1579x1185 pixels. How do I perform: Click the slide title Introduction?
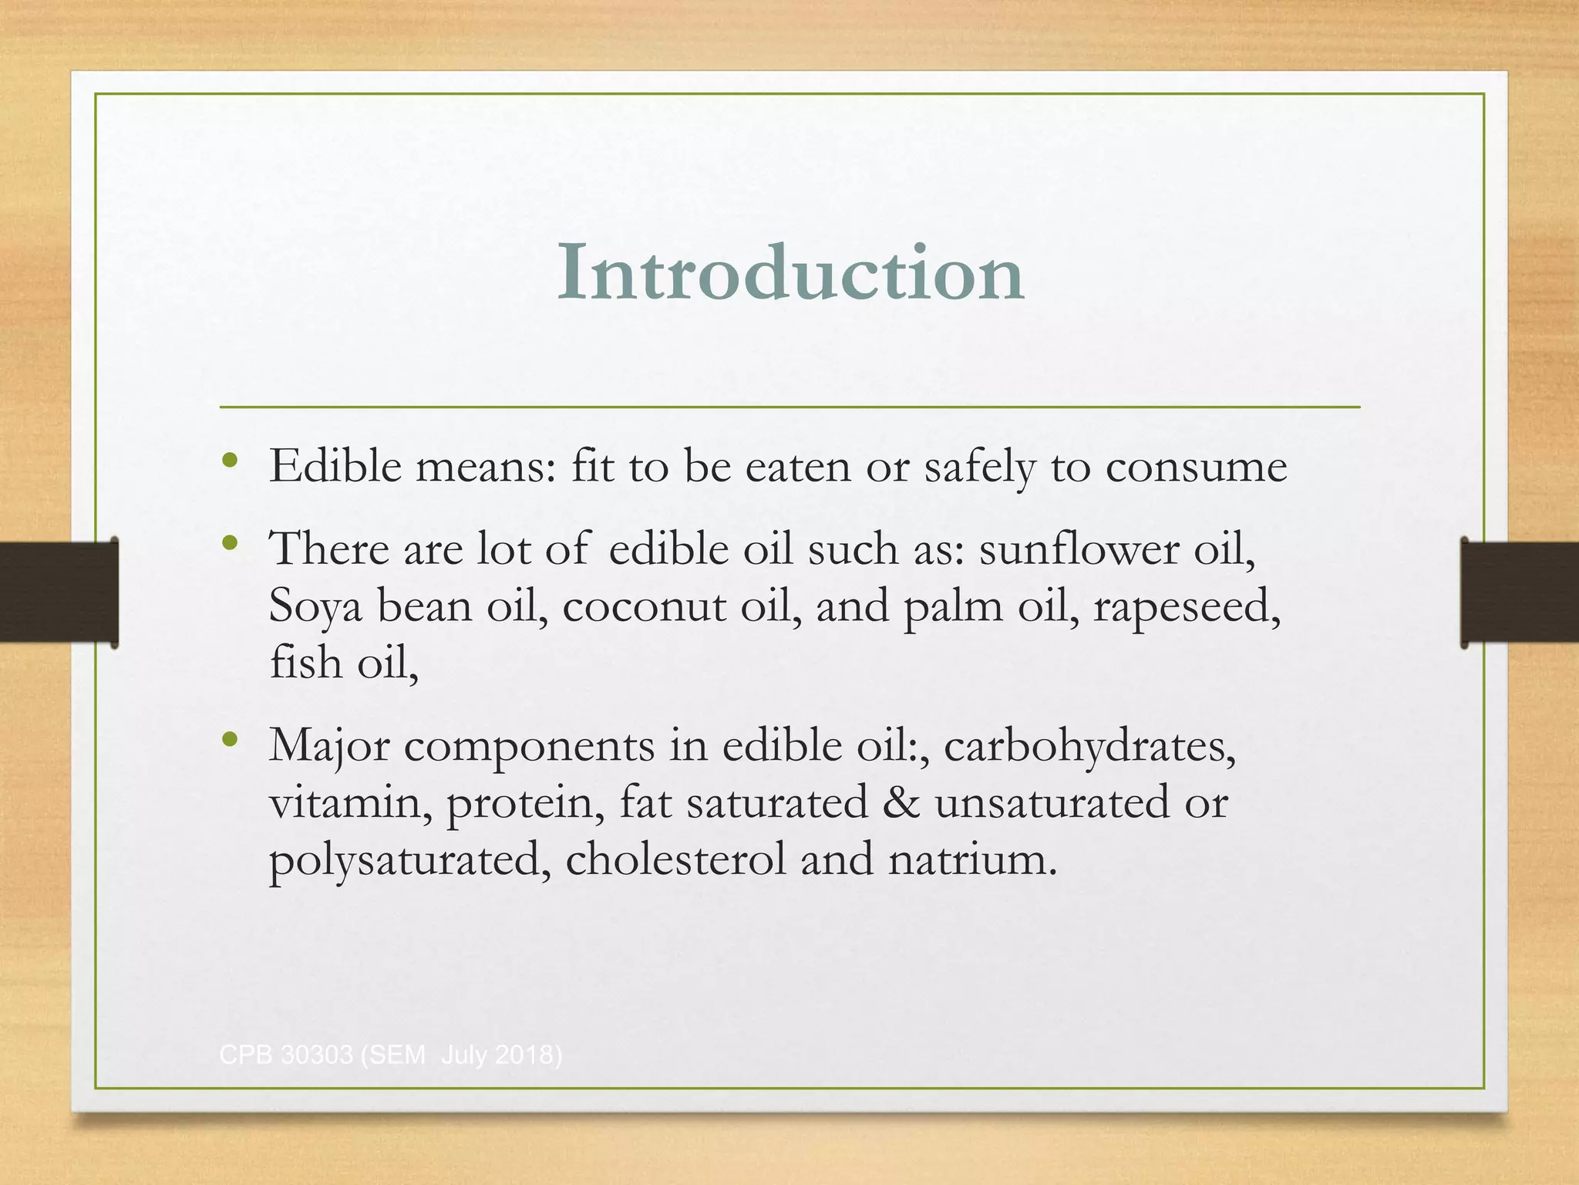point(790,272)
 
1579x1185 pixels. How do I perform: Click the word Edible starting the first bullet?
point(335,467)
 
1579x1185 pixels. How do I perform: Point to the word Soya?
point(315,606)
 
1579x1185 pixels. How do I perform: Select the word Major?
point(329,746)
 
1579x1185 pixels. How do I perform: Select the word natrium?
point(972,859)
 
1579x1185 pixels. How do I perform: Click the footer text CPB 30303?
point(285,1054)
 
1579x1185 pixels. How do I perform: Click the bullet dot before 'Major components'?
point(229,741)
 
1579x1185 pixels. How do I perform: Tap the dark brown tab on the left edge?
point(59,592)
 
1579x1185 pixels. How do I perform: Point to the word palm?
point(953,606)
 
